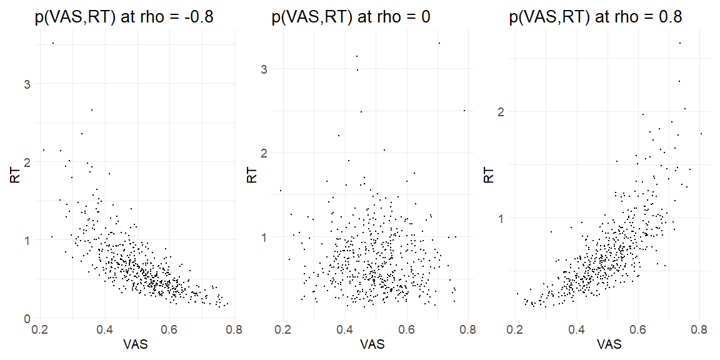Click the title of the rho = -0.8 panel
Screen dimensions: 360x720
pyautogui.click(x=124, y=17)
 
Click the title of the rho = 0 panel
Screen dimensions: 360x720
pyautogui.click(x=351, y=17)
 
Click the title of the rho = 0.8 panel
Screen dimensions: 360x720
pyautogui.click(x=596, y=17)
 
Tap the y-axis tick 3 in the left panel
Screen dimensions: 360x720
pyautogui.click(x=27, y=84)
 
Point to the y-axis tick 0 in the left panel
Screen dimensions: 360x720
pyautogui.click(x=27, y=318)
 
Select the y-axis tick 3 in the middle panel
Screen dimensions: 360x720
pyautogui.click(x=264, y=68)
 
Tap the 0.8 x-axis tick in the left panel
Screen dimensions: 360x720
pyautogui.click(x=234, y=331)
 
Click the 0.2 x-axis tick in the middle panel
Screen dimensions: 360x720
pyautogui.click(x=283, y=331)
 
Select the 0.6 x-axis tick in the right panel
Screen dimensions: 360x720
pyautogui.click(x=638, y=331)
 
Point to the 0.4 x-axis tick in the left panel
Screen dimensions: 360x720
pyautogui.click(x=105, y=331)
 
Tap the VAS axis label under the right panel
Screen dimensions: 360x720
pyautogui.click(x=609, y=345)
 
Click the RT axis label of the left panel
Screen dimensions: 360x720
pyautogui.click(x=14, y=176)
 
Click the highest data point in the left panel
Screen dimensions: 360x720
pyautogui.click(x=53, y=43)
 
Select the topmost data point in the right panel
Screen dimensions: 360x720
pyautogui.click(x=679, y=43)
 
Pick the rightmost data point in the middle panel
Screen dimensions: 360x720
pyautogui.click(x=464, y=111)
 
